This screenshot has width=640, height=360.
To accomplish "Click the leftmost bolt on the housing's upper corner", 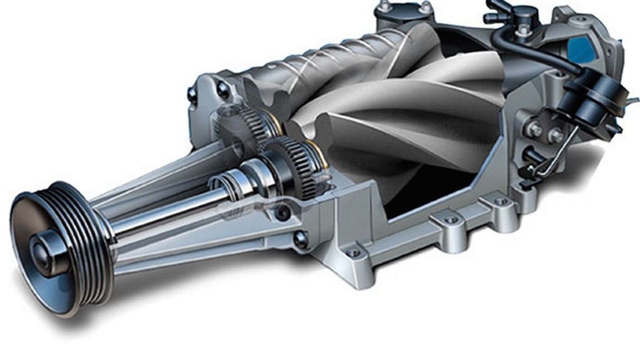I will tap(191, 93).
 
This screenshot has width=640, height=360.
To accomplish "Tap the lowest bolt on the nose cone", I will tap(299, 238).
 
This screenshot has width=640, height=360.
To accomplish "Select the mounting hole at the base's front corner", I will tap(352, 253).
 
